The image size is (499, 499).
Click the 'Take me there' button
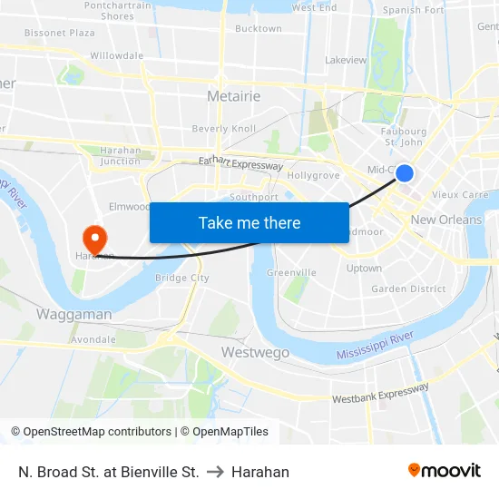[249, 222]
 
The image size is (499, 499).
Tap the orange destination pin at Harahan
[94, 239]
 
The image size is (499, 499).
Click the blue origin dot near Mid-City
[405, 173]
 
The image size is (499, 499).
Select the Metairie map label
[234, 95]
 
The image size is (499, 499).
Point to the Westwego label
[255, 352]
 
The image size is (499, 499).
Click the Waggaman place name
[74, 315]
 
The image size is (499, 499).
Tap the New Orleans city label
[446, 220]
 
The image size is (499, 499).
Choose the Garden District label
[408, 289]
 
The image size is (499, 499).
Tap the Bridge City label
[182, 278]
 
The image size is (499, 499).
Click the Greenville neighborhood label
[291, 272]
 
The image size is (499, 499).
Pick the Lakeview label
[346, 61]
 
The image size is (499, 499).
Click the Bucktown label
[259, 29]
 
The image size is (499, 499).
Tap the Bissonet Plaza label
[59, 33]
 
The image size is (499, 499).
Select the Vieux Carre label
[460, 194]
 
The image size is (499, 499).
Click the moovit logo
[444, 471]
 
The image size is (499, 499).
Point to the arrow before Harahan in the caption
[215, 472]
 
